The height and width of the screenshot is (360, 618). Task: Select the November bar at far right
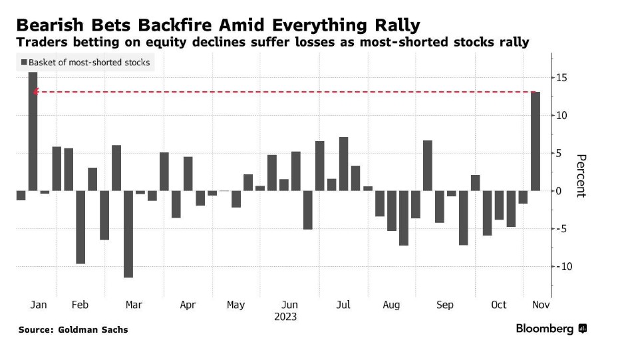[x=536, y=141]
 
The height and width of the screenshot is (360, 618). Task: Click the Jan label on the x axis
[x=39, y=305]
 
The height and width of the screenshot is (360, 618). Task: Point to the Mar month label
[x=134, y=305]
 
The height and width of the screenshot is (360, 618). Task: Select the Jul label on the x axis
[x=343, y=305]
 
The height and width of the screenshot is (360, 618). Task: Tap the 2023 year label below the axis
[x=285, y=317]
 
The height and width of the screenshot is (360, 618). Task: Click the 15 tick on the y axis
[x=562, y=79]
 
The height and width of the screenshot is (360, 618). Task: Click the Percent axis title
[x=581, y=176]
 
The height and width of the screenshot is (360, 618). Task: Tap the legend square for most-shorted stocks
[x=23, y=63]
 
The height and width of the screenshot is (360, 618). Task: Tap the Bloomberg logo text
[x=545, y=329]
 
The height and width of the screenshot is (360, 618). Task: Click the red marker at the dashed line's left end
[x=35, y=92]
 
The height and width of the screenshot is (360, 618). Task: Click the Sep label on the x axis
[x=445, y=305]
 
